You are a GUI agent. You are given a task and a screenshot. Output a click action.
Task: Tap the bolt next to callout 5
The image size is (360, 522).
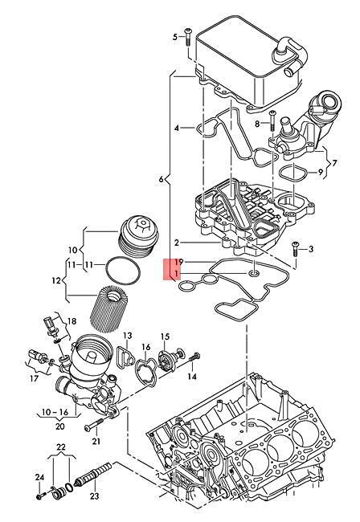click(188, 36)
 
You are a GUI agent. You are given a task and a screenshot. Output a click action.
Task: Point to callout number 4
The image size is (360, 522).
click(177, 128)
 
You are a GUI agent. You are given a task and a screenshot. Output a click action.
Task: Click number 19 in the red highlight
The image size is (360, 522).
click(180, 263)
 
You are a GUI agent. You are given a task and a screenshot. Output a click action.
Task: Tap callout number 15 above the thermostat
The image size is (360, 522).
click(164, 336)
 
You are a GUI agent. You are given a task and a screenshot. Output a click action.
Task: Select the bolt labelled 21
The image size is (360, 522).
click(96, 426)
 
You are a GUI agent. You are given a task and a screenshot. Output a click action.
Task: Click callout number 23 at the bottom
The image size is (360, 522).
click(94, 497)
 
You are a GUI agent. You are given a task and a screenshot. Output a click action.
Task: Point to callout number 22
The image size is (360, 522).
click(60, 447)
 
